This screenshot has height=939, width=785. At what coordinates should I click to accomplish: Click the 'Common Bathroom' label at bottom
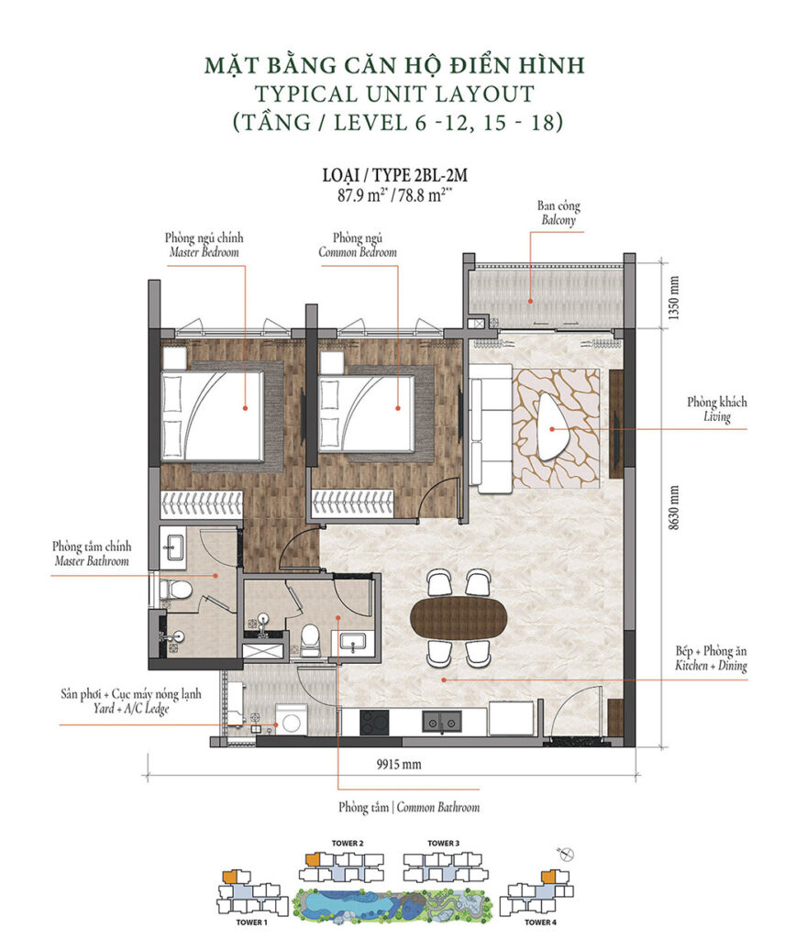point(408,808)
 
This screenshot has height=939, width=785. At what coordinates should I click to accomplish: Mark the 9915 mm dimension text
point(399,763)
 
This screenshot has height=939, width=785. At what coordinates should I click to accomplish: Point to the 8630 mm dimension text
point(674,524)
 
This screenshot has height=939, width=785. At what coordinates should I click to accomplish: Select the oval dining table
point(459,617)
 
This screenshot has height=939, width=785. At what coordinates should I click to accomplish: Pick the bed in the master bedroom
point(213,414)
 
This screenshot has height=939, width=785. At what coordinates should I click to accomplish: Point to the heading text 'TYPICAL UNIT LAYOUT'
point(393,93)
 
